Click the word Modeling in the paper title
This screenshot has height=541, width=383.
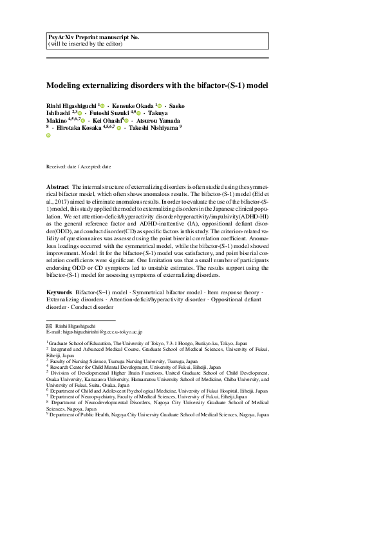pos(64,85)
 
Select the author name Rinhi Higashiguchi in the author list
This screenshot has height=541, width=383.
pos(71,105)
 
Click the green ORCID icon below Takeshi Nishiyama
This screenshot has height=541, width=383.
pos(48,136)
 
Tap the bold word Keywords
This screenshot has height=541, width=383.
pos(59,292)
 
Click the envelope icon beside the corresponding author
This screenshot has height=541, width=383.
pos(50,326)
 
